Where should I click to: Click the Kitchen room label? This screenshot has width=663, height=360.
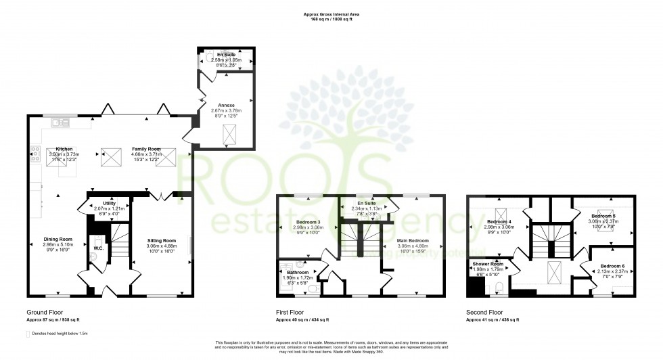(x=64, y=148)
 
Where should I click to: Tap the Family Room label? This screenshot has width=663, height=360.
(x=146, y=148)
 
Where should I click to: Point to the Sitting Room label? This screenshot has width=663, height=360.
(x=162, y=240)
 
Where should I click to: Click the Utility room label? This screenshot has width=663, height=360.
(x=110, y=203)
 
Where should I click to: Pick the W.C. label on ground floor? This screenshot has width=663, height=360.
(x=98, y=248)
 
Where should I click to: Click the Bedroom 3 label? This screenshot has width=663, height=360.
(x=308, y=222)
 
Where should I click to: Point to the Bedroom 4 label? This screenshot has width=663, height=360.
(x=500, y=222)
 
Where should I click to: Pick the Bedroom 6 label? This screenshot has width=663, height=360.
(x=614, y=266)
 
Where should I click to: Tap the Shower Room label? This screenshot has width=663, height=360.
(x=487, y=263)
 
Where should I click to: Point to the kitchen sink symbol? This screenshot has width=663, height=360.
(x=62, y=122)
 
